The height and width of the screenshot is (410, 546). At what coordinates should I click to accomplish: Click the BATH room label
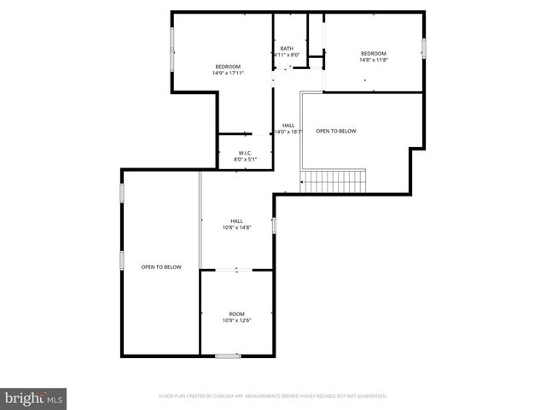click(287, 48)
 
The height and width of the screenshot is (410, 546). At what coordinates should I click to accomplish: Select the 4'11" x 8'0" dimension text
click(287, 55)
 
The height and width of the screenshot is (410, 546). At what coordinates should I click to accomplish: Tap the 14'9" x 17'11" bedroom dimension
click(228, 73)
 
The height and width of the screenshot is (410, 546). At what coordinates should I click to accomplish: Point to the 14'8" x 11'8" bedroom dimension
click(373, 60)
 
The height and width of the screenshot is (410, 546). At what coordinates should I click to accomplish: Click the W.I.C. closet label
click(245, 153)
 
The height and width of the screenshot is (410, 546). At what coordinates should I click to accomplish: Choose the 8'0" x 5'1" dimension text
click(245, 160)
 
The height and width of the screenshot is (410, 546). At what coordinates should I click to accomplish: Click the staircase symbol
click(333, 181)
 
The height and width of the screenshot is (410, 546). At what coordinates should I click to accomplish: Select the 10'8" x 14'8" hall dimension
click(236, 228)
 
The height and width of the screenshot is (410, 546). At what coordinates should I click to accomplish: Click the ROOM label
click(236, 313)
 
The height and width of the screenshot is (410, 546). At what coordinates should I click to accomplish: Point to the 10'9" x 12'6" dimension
click(236, 320)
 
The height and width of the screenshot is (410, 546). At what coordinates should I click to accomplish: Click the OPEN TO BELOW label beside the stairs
click(336, 131)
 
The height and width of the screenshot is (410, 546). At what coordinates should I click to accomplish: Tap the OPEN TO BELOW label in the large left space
click(161, 267)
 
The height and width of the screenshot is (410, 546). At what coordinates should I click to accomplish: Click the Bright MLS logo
click(34, 398)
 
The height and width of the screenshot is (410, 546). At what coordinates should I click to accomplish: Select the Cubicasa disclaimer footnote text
click(273, 396)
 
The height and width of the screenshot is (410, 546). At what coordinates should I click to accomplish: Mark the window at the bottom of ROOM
click(227, 355)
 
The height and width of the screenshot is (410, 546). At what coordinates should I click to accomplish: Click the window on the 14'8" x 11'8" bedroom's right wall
click(423, 48)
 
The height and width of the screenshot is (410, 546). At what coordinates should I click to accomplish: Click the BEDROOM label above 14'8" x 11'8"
click(373, 53)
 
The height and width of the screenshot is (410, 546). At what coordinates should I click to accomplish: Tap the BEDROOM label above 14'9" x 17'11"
click(228, 67)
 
